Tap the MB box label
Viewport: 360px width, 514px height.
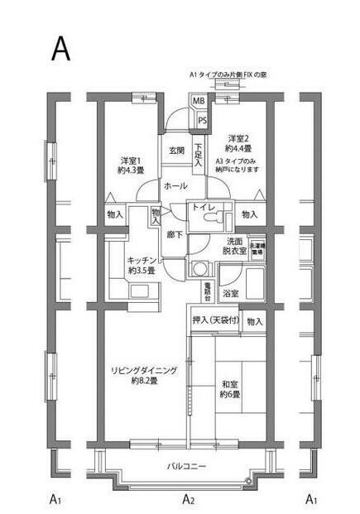[x=199, y=102]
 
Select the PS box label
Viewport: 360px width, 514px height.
[x=201, y=121]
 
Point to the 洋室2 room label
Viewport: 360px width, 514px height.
[x=239, y=138]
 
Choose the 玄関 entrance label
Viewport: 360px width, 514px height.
[x=177, y=151]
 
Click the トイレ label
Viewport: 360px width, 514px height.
[x=204, y=209]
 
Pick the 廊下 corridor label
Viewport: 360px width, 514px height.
[x=175, y=234]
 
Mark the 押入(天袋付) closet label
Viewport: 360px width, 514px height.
[x=215, y=320]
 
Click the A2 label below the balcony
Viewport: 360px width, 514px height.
[x=189, y=499]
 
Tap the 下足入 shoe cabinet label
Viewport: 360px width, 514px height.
[x=199, y=156]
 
